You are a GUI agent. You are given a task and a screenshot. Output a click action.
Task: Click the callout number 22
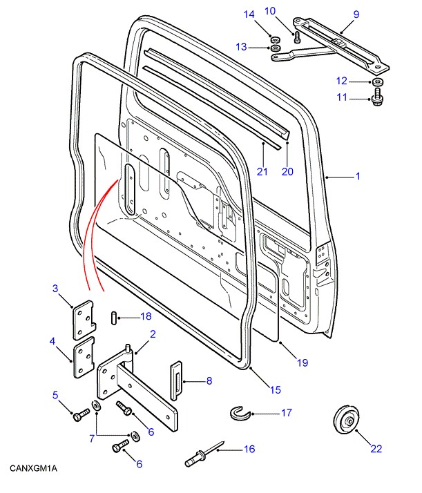point(376,449)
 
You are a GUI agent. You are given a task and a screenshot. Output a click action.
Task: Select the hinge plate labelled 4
point(83,359)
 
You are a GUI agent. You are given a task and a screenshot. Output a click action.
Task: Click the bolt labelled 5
point(79,416)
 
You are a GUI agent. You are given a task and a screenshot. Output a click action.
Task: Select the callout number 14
point(249,13)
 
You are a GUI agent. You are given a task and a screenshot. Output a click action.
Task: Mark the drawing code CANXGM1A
point(33,469)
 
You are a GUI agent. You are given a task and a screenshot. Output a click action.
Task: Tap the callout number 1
point(358,177)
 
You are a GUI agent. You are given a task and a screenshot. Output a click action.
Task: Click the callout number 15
point(275,390)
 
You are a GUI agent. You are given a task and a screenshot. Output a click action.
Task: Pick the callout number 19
point(302,362)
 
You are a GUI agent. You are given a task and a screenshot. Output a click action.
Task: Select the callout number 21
point(262,171)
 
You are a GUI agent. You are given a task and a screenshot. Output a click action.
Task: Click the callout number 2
point(153,334)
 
